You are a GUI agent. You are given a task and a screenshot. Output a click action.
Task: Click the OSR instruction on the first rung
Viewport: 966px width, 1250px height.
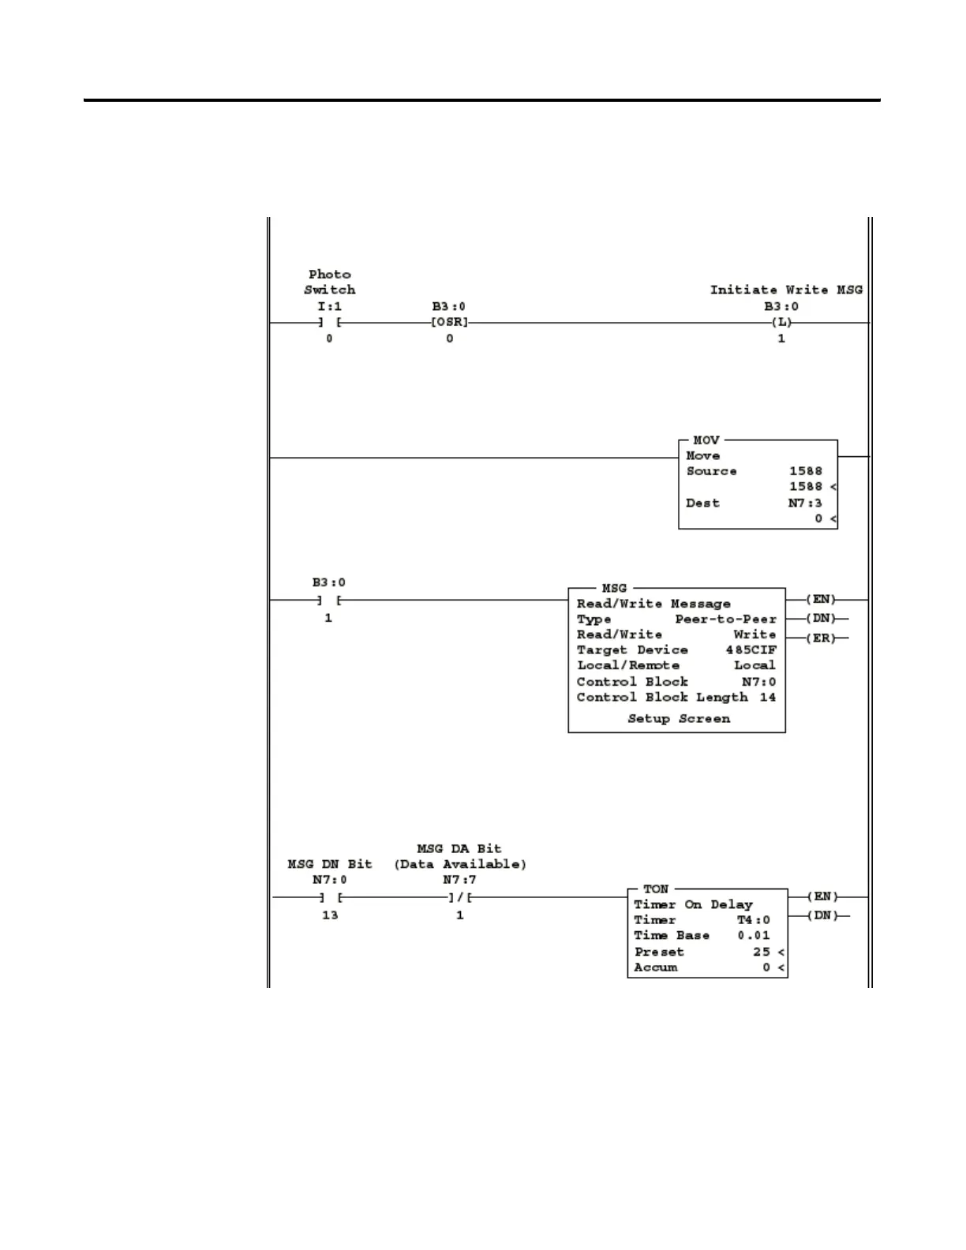coord(449,323)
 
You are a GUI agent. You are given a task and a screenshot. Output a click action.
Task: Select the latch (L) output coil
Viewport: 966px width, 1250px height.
coord(781,323)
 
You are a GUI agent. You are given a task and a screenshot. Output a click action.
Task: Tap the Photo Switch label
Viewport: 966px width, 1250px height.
coord(330,282)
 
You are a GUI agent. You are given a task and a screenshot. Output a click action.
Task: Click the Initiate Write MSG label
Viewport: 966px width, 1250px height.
coord(786,290)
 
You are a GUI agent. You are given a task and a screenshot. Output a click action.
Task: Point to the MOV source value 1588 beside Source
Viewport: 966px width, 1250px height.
coord(805,471)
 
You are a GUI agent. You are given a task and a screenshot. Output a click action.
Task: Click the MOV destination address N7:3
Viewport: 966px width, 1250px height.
coord(805,503)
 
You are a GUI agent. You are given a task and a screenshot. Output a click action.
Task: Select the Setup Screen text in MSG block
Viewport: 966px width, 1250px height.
coord(679,719)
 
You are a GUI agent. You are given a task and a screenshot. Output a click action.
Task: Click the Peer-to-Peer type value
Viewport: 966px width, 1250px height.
coord(725,619)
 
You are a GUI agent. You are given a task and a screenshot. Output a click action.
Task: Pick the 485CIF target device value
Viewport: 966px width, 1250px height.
coord(751,650)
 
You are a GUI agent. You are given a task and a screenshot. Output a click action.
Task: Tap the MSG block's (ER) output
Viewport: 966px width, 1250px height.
coord(821,638)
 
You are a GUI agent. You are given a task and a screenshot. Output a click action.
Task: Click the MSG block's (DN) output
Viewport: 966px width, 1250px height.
coord(821,619)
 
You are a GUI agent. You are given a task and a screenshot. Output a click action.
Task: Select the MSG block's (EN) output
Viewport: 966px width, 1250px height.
coord(821,600)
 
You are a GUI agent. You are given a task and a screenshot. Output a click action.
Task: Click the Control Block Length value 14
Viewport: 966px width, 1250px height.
coord(767,698)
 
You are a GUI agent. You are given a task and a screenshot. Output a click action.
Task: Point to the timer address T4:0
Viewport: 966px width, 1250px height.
coord(753,920)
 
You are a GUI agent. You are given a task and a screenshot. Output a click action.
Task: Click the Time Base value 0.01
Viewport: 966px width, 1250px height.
coord(753,936)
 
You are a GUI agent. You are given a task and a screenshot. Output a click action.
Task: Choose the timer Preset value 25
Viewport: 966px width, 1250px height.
coord(761,952)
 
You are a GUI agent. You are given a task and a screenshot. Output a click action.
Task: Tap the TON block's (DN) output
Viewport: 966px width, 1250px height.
coord(822,916)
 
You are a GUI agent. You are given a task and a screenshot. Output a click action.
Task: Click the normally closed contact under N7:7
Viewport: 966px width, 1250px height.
coord(459,897)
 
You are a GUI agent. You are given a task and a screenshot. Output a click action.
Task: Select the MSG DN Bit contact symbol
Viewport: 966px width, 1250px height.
coord(330,897)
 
